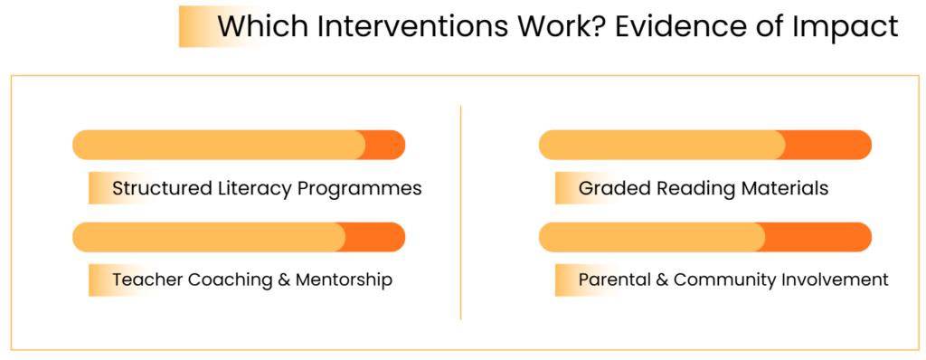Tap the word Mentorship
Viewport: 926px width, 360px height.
tap(344, 279)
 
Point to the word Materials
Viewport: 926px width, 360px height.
tap(779, 188)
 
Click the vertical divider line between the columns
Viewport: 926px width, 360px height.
tap(460, 213)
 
